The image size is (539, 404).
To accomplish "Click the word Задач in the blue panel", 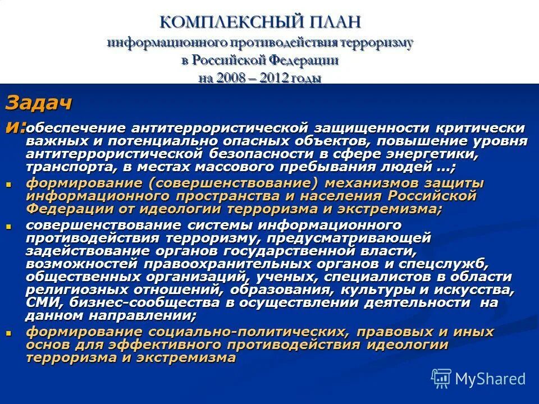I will tap(39, 103).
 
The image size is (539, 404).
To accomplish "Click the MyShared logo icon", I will tap(441, 378).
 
